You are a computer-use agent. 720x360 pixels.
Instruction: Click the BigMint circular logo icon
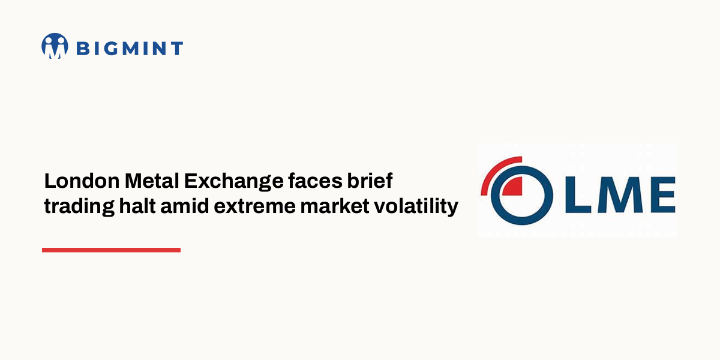coord(55,46)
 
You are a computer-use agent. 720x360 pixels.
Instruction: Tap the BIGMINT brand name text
coord(129,48)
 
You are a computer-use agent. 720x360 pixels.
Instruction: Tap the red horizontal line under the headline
coord(111,250)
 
